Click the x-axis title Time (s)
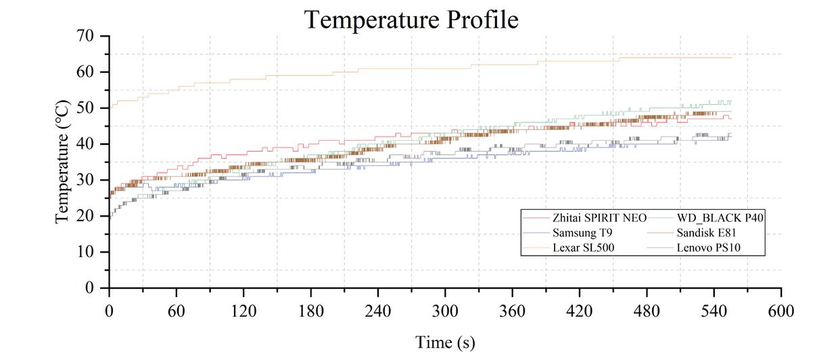point(444,342)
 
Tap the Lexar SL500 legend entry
point(584,248)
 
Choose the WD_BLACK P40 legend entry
point(720,218)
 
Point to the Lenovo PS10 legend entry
point(709,248)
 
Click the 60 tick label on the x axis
point(176,311)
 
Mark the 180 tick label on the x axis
point(310,311)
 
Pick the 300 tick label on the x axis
point(445,311)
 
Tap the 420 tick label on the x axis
point(580,311)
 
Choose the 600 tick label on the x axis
point(781,311)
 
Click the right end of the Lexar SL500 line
point(731,58)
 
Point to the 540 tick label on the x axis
point(714,311)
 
